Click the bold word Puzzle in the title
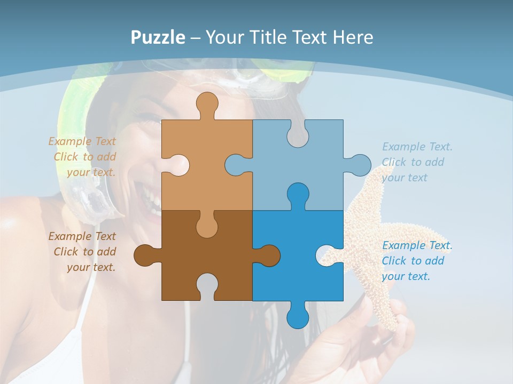pos(158,37)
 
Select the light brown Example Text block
pos(83,157)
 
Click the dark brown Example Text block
pos(83,252)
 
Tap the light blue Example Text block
pos(416,162)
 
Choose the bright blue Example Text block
pos(416,261)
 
